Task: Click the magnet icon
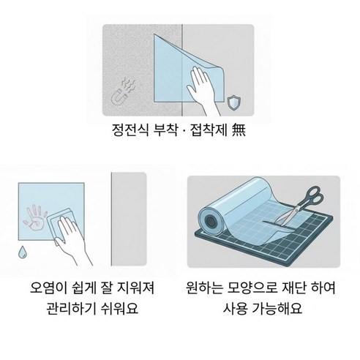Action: [119, 96]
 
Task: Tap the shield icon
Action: [234, 103]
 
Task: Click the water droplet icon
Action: [23, 252]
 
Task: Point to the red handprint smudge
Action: [35, 218]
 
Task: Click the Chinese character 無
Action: [239, 130]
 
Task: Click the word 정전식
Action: [130, 130]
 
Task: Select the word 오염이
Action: [48, 288]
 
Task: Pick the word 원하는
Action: [204, 288]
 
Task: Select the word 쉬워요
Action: [119, 308]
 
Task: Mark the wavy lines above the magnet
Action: [130, 85]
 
